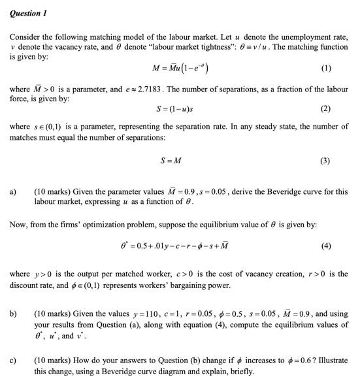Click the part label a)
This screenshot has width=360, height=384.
(14, 192)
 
